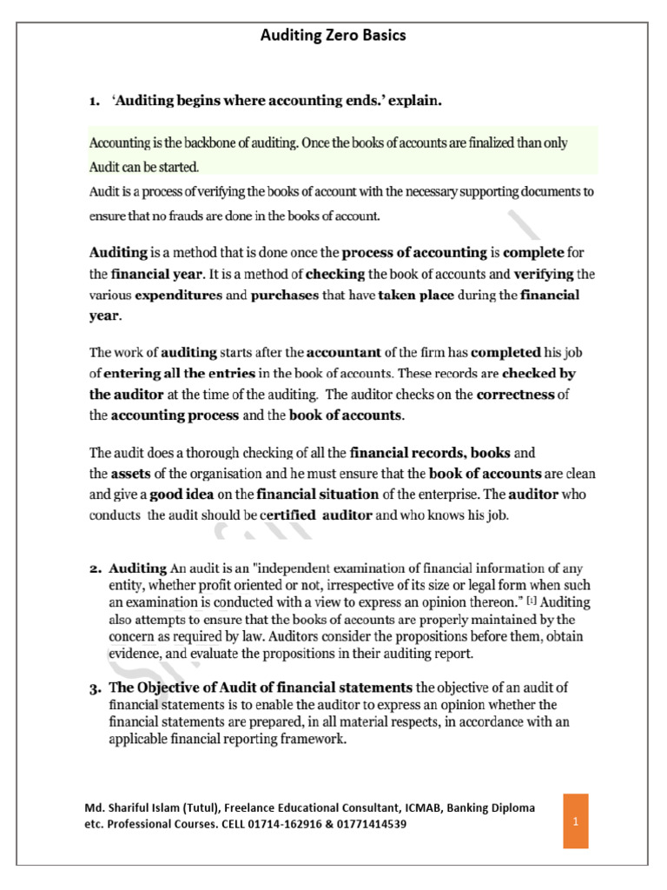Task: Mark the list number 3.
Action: [96, 689]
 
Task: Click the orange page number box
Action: [575, 820]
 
